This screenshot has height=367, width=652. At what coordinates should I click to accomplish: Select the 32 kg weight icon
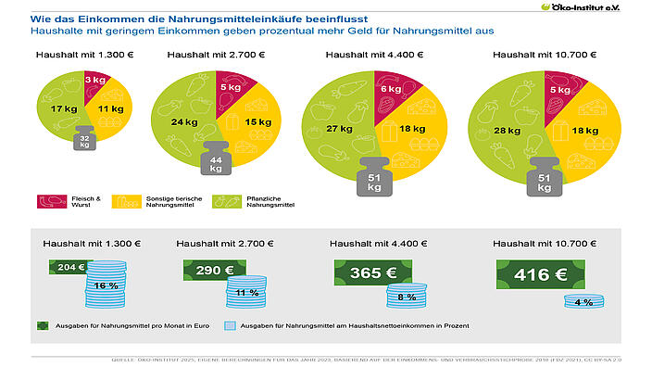tap(84, 140)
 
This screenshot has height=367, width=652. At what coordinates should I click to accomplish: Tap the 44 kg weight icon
tap(216, 161)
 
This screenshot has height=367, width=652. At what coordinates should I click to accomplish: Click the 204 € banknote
tap(67, 266)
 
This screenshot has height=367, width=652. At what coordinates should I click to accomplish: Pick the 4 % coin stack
tap(583, 303)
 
